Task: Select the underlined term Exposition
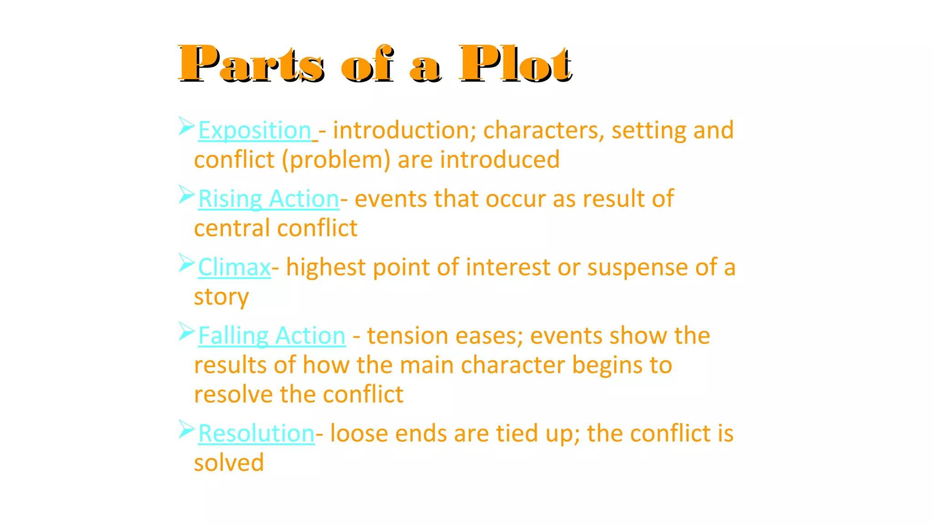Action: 255,131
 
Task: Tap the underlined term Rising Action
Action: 269,199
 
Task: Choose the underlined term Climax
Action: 235,268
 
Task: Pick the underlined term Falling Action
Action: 272,336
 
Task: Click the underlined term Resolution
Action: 256,433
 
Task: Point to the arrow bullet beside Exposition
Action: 186,126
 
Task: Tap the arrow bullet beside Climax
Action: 186,263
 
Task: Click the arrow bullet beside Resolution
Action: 186,429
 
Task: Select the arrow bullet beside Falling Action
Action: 186,331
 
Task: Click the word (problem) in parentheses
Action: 336,160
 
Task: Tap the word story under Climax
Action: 221,297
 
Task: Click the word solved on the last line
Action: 229,463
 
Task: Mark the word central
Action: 232,228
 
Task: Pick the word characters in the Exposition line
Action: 543,131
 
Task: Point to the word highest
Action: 326,268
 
